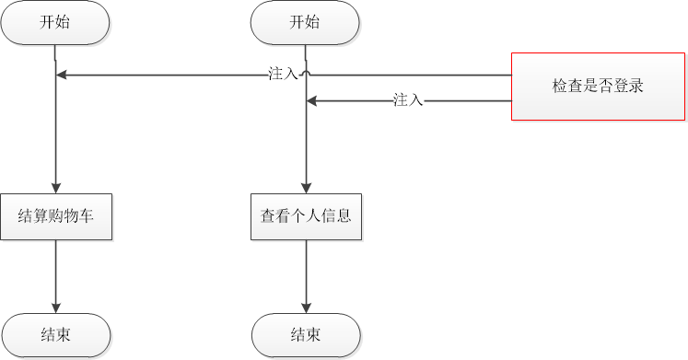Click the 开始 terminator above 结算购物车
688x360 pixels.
click(x=55, y=23)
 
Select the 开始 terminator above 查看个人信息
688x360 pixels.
click(x=306, y=23)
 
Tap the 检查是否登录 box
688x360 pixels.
click(x=597, y=86)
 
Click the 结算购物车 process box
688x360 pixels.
click(x=56, y=217)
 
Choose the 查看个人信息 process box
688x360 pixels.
click(x=306, y=217)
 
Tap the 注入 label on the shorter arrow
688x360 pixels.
click(x=407, y=100)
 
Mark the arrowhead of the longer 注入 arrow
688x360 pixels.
click(x=63, y=75)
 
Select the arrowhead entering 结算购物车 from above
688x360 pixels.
click(x=56, y=188)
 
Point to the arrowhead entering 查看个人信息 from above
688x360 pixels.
click(x=306, y=188)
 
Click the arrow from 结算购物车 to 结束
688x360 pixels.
click(x=56, y=276)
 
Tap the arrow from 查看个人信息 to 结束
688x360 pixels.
click(x=306, y=276)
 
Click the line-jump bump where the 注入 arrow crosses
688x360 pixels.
click(x=306, y=73)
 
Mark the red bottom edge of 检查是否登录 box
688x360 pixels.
click(x=597, y=120)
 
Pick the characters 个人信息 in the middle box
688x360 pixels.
click(x=322, y=217)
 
